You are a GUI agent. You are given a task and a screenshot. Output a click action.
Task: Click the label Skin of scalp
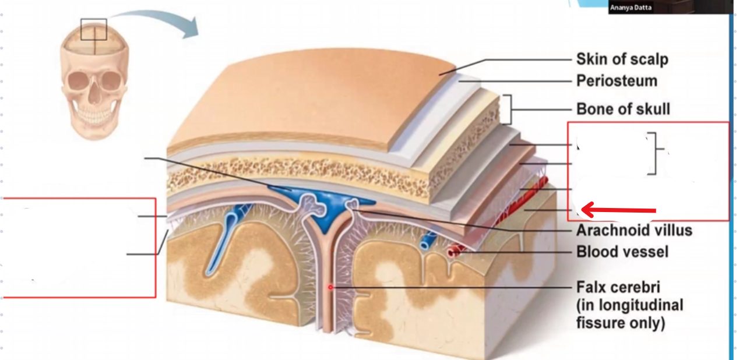(622, 59)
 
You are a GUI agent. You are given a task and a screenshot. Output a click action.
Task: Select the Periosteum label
(617, 80)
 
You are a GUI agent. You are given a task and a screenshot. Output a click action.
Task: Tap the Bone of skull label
(623, 108)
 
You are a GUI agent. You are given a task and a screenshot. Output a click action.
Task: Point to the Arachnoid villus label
(634, 230)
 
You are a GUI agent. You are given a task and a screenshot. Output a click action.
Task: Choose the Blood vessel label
(622, 252)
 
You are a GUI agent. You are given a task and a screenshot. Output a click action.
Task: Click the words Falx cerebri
(618, 288)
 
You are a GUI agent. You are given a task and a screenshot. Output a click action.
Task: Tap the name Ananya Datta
(631, 8)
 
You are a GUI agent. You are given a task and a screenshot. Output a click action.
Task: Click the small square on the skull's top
(94, 29)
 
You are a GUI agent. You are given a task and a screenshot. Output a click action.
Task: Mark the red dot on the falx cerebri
(330, 287)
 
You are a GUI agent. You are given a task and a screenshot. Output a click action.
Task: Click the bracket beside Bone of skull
(509, 109)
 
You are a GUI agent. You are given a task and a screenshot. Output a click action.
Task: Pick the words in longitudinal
(629, 305)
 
